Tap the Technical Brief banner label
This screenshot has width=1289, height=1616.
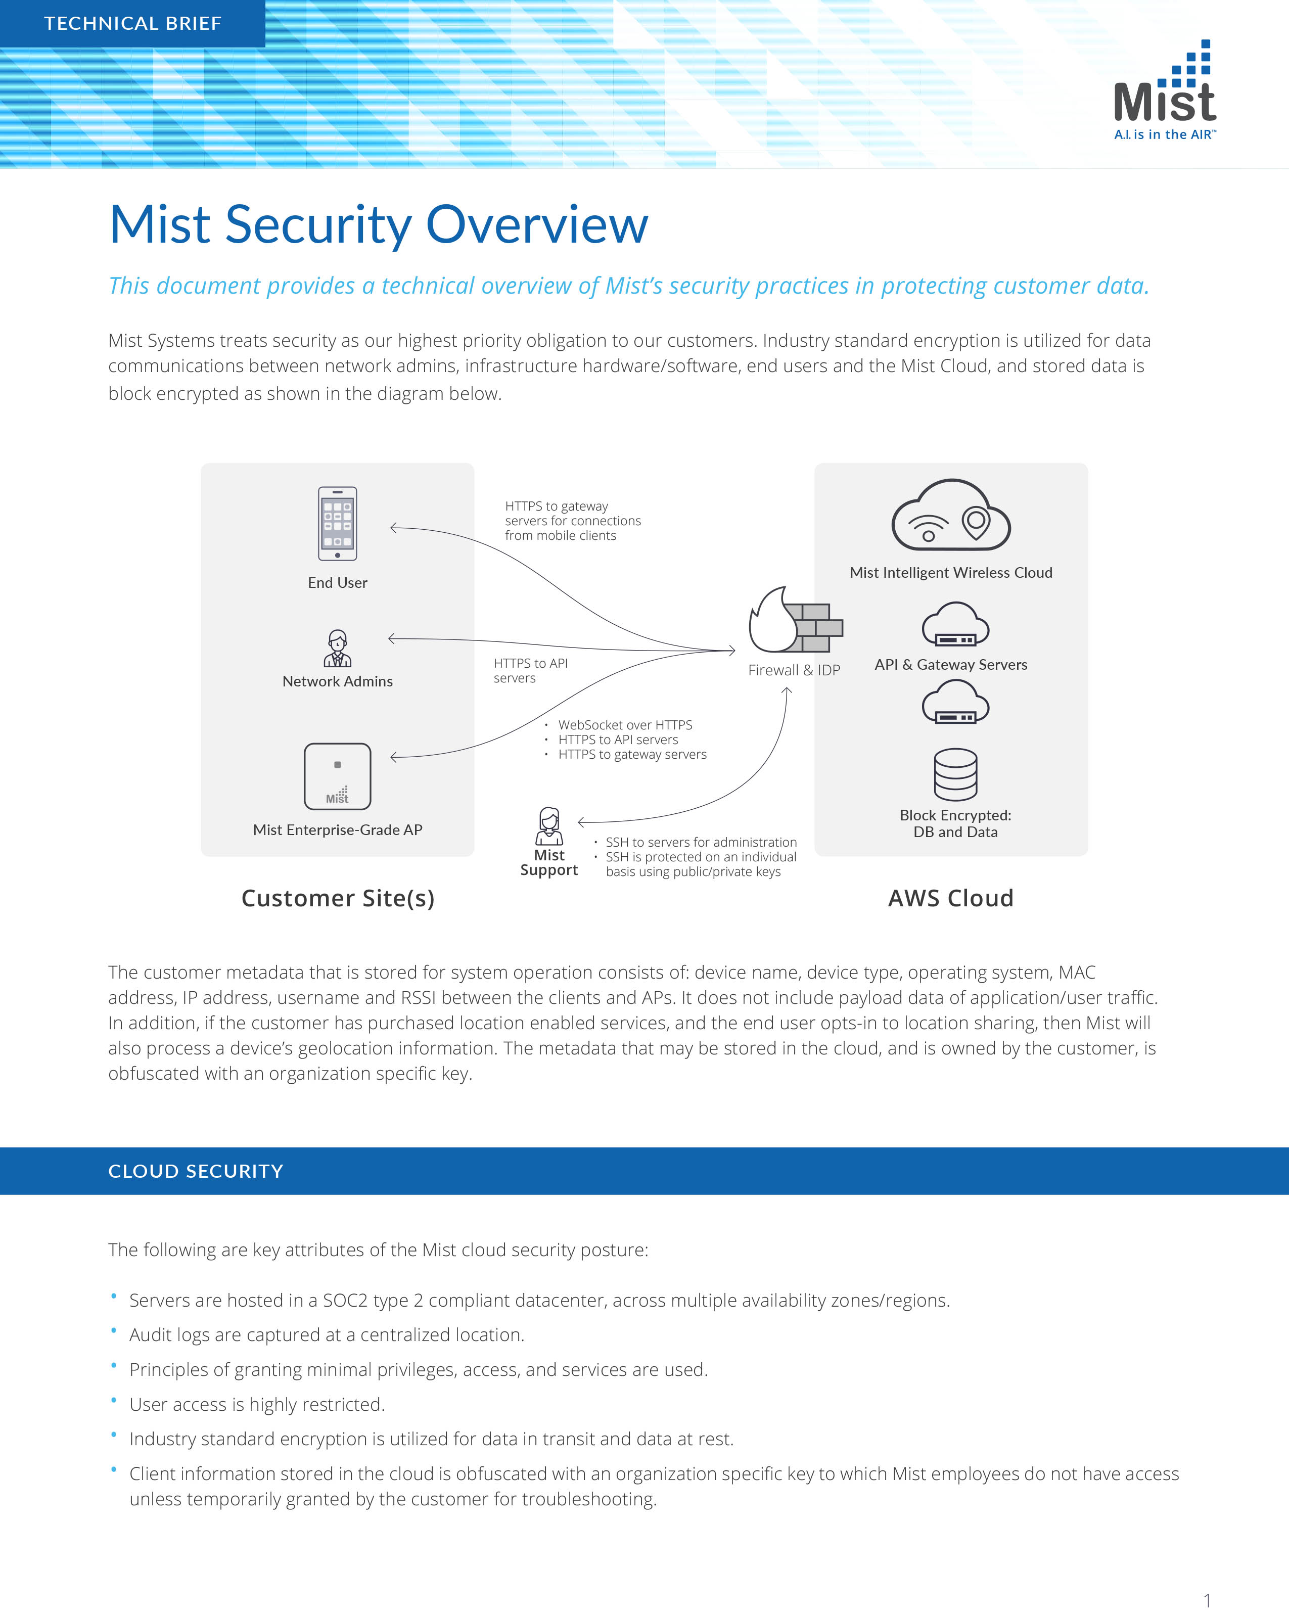pyautogui.click(x=132, y=23)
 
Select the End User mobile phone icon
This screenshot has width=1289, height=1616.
pyautogui.click(x=337, y=523)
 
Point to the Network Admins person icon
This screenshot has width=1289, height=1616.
pyautogui.click(x=337, y=649)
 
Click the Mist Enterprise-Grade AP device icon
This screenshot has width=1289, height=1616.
pyautogui.click(x=337, y=776)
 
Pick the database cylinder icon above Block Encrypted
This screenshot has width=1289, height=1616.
pyautogui.click(x=955, y=774)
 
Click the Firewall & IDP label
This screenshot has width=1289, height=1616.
pyautogui.click(x=794, y=670)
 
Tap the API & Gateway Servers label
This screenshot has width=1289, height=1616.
pyautogui.click(x=950, y=665)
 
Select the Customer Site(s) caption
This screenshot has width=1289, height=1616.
pyautogui.click(x=338, y=898)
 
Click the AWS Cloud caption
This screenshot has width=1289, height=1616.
pyautogui.click(x=950, y=898)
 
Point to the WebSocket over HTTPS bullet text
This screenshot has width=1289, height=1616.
pyautogui.click(x=625, y=725)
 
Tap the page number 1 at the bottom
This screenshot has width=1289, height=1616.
pyautogui.click(x=1207, y=1600)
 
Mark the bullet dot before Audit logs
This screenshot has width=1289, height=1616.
pyautogui.click(x=114, y=1330)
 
